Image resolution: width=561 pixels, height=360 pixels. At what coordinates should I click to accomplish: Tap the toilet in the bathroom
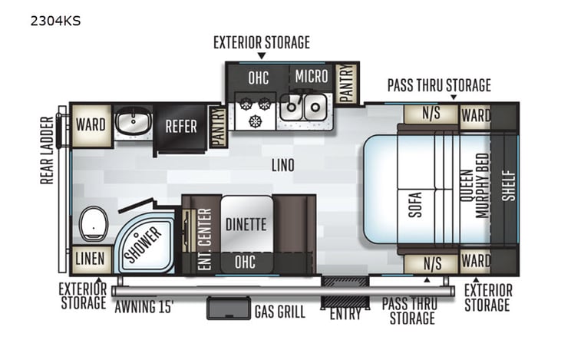[x=94, y=221]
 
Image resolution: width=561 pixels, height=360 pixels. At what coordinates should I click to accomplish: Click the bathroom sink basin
[x=134, y=123]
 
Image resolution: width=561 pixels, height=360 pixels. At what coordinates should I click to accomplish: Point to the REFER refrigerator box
[x=180, y=127]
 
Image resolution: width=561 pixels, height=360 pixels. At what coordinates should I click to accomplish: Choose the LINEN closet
[x=90, y=259]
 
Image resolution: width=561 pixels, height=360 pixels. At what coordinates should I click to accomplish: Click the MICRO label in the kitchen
[x=311, y=76]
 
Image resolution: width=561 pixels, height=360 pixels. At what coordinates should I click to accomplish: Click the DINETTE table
[x=246, y=225]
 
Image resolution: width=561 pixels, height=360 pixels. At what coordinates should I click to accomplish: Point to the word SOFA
[x=415, y=201]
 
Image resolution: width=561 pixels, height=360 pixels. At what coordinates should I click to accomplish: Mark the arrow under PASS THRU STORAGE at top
[x=453, y=97]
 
